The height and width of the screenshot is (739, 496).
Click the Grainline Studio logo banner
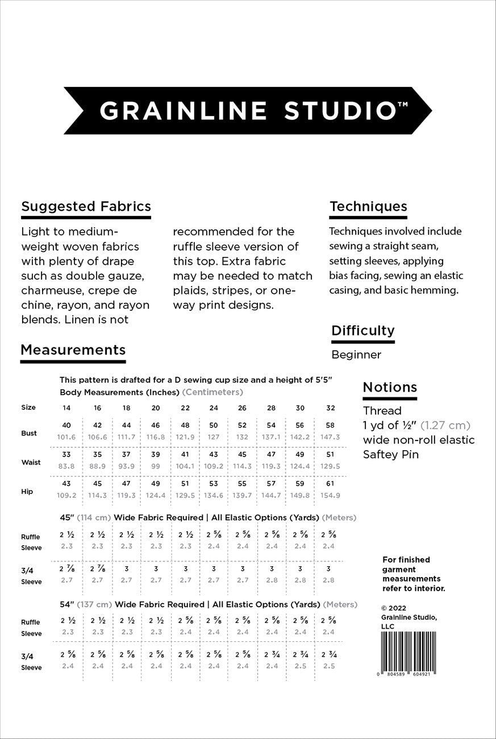click(248, 110)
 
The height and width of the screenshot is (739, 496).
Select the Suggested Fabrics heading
click(86, 206)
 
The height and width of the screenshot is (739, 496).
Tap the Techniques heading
click(368, 206)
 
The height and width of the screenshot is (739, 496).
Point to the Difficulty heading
click(362, 330)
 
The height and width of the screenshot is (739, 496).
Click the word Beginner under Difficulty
click(356, 355)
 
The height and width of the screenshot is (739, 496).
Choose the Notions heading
click(390, 387)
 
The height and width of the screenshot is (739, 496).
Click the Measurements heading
click(73, 349)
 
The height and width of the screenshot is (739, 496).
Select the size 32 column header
click(330, 408)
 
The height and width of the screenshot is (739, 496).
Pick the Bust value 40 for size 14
click(66, 426)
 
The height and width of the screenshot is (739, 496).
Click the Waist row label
click(31, 462)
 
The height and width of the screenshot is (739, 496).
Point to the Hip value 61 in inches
click(330, 484)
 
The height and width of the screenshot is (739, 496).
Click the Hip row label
click(27, 491)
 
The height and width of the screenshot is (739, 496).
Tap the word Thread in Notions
click(382, 410)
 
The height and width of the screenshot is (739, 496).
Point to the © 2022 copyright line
click(394, 607)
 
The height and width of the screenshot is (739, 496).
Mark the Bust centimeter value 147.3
click(330, 437)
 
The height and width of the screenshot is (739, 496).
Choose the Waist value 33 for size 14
click(66, 455)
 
